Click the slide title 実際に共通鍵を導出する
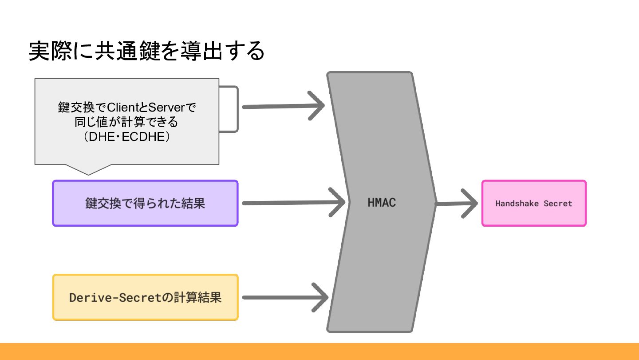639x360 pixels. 146,52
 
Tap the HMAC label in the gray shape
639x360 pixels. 382,203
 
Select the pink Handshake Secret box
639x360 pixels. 534,203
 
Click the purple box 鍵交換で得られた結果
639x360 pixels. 145,203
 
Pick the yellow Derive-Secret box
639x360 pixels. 145,297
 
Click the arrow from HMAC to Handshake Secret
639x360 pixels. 457,204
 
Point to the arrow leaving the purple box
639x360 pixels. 293,203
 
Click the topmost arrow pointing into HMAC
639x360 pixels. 284,107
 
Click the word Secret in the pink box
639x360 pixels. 558,204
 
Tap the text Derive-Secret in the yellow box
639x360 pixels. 114,297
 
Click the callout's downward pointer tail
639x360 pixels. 88,169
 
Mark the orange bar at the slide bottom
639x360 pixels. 319,352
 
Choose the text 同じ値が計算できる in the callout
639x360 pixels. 126,122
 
